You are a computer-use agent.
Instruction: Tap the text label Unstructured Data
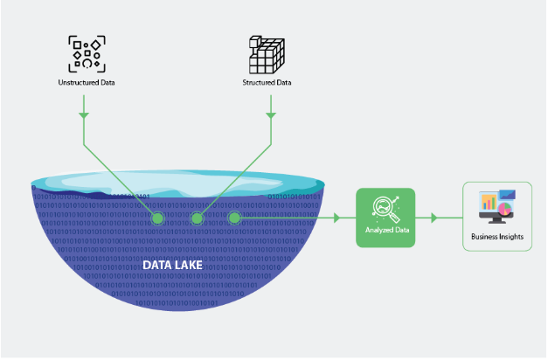[x=86, y=83]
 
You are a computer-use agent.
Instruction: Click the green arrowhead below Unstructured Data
[x=84, y=114]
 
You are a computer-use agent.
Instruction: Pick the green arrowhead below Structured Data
[x=271, y=114]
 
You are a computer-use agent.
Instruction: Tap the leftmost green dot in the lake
[x=157, y=217]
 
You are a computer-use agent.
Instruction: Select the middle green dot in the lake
[x=197, y=217]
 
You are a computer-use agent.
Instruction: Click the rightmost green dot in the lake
[x=234, y=217]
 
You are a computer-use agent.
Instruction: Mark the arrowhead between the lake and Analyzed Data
[x=336, y=217]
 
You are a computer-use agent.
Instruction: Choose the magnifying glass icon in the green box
[x=385, y=207]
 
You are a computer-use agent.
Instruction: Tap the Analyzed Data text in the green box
[x=385, y=230]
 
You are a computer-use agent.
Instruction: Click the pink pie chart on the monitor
[x=505, y=210]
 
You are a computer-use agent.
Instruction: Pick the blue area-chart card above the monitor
[x=508, y=195]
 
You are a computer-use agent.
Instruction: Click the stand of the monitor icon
[x=496, y=222]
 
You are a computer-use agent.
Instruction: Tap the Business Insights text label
[x=496, y=236]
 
